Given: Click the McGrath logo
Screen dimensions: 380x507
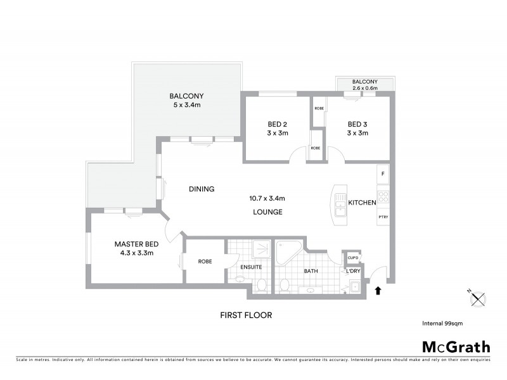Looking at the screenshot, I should coord(456,346).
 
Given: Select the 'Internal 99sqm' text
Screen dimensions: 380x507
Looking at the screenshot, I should coord(442,323).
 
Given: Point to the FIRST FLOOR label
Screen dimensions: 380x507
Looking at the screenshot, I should coord(246,315).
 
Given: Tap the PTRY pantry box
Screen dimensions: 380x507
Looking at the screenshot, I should coord(383,217).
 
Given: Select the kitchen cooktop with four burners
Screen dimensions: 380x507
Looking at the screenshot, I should coord(383,196).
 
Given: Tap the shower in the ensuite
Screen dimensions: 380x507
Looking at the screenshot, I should coord(260,251).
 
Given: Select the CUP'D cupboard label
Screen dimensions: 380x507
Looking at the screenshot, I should coord(353,258).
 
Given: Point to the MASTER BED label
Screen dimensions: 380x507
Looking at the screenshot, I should coord(136,244).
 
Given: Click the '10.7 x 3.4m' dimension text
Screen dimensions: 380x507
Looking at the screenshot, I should coord(267,198).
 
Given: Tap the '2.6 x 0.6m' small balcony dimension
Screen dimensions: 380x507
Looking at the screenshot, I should coord(365,89).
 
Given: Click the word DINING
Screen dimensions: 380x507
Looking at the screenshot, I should coord(202,189).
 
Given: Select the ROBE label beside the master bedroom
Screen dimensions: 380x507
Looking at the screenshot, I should coord(205,261).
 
